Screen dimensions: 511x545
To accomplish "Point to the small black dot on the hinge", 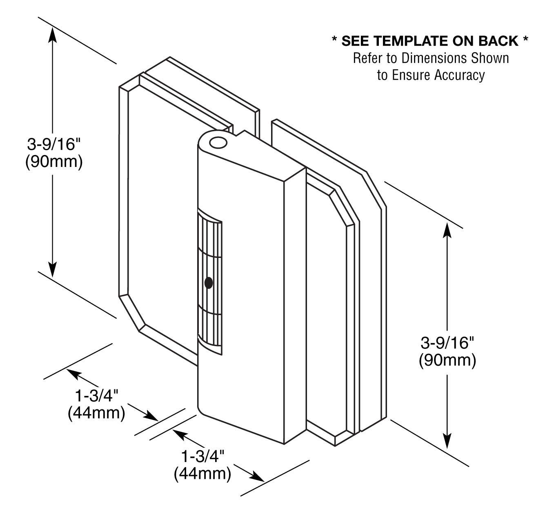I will pos(209,283).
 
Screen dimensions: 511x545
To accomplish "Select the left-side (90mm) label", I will pos(54,162).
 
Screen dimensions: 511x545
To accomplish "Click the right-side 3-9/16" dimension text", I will pos(447,343).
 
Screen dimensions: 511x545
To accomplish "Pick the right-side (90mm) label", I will pos(447,361).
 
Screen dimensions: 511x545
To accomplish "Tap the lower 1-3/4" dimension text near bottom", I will pos(203,456).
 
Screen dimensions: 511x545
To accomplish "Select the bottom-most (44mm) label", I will pos(202,474).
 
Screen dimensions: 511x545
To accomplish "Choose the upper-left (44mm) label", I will pos(96,413).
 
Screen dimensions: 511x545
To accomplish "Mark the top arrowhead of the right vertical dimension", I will pos(448,231).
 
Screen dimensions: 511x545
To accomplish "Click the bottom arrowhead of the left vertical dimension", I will pos(53,269).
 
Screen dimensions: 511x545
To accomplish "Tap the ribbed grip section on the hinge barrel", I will pos(210,282).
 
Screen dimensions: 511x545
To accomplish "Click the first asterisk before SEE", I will pos(334,40).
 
